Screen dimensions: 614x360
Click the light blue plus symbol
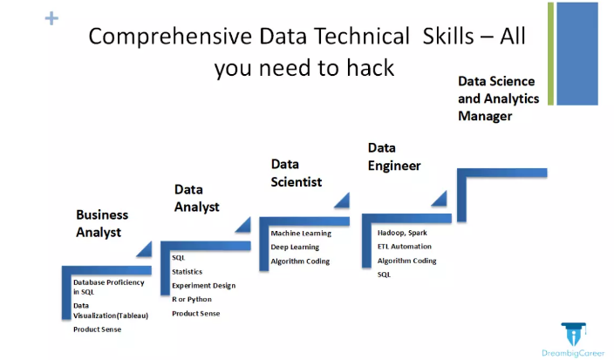point(51,18)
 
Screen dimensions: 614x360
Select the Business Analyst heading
point(102,223)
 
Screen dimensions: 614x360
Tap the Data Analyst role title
point(196,198)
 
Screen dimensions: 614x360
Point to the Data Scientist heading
point(296,173)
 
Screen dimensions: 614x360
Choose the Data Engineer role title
point(394,157)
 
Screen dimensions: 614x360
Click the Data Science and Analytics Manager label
point(499,98)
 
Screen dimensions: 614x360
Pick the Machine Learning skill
point(301,234)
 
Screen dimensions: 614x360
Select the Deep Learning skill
point(295,247)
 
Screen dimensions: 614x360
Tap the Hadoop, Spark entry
point(402,233)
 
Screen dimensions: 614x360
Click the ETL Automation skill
point(405,247)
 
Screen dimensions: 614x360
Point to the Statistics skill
point(188,272)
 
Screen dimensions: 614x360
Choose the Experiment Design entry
point(203,286)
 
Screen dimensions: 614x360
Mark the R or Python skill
point(192,299)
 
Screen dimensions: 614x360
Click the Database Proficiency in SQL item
point(108,287)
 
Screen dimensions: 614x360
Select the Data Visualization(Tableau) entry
point(111,310)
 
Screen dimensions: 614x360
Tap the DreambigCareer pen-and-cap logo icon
point(573,334)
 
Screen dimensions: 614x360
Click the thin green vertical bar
point(550,54)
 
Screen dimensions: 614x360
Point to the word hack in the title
point(370,68)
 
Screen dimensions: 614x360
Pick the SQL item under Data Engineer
point(384,275)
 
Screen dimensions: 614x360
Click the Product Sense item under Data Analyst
point(195,314)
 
